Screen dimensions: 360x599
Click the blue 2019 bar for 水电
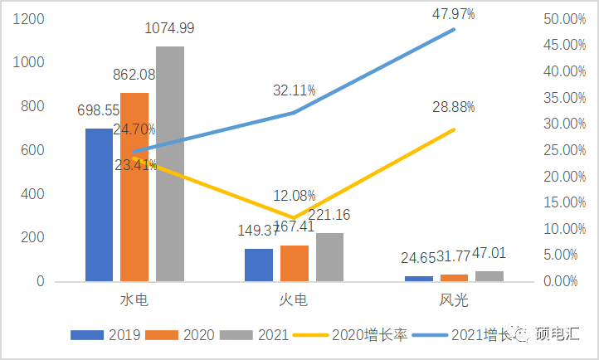(99, 205)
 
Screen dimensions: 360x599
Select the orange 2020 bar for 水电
(134, 187)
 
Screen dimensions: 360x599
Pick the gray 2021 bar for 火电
(329, 257)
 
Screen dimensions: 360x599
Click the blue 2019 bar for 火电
(258, 265)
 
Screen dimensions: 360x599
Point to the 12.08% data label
(295, 196)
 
